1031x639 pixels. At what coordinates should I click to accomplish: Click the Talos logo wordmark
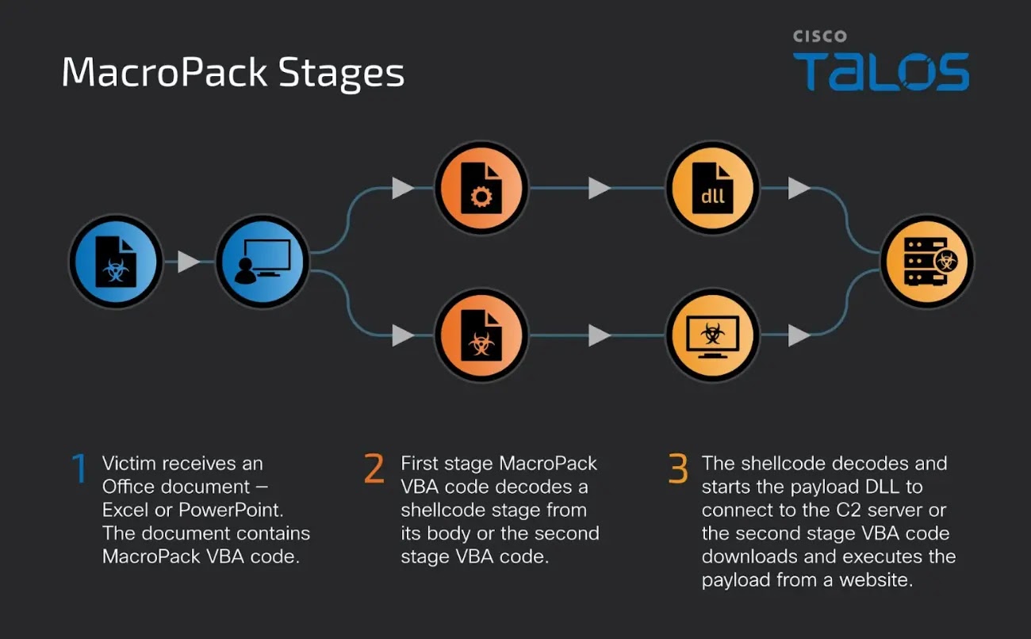(881, 71)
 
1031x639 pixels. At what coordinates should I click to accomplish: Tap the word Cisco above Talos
(820, 36)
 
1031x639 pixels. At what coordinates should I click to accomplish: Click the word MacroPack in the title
(164, 72)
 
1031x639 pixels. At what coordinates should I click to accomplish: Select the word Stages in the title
(341, 74)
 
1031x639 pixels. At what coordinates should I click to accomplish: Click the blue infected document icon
(116, 262)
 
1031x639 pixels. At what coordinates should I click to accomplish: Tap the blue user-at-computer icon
(263, 262)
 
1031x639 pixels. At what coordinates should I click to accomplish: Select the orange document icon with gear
(481, 188)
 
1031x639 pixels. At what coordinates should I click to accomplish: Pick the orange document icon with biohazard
(481, 335)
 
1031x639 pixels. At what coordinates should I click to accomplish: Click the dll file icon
(712, 188)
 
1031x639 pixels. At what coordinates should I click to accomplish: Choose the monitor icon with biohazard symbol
(712, 335)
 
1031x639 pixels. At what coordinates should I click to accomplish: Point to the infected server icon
(927, 262)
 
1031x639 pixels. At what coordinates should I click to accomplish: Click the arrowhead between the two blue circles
(189, 262)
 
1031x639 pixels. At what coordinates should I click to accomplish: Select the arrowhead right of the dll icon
(799, 188)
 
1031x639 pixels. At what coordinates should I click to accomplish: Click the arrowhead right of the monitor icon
(799, 335)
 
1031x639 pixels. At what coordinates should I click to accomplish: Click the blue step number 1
(79, 468)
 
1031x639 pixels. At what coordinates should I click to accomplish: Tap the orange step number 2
(374, 468)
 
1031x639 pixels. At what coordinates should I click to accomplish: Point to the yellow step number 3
(678, 468)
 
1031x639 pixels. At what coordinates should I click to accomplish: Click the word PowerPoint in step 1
(231, 511)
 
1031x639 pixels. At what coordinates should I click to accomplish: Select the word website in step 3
(876, 580)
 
